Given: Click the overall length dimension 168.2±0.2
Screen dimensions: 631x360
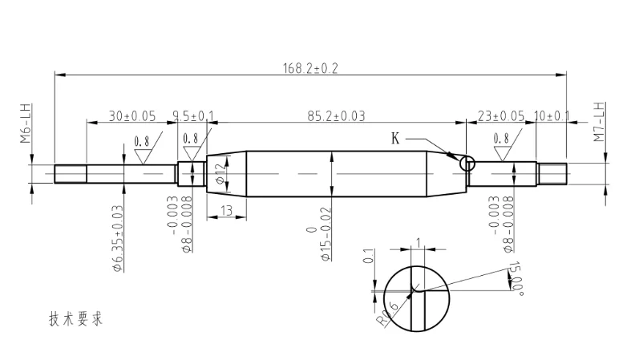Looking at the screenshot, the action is pyautogui.click(x=310, y=68).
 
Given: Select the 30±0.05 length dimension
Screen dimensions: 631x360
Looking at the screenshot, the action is pyautogui.click(x=132, y=116).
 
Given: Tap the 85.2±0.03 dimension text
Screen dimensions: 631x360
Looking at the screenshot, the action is pyautogui.click(x=336, y=116).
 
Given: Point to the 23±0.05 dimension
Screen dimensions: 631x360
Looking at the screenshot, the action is pyautogui.click(x=501, y=116).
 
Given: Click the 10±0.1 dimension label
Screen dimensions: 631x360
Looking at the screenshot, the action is pyautogui.click(x=552, y=116).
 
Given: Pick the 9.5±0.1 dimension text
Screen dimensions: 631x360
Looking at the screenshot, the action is pyautogui.click(x=193, y=116).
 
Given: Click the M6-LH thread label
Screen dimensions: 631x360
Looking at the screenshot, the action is pyautogui.click(x=26, y=123).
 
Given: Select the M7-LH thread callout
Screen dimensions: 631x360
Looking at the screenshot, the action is pyautogui.click(x=599, y=122).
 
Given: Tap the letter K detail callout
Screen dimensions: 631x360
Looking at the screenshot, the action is pyautogui.click(x=395, y=139).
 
